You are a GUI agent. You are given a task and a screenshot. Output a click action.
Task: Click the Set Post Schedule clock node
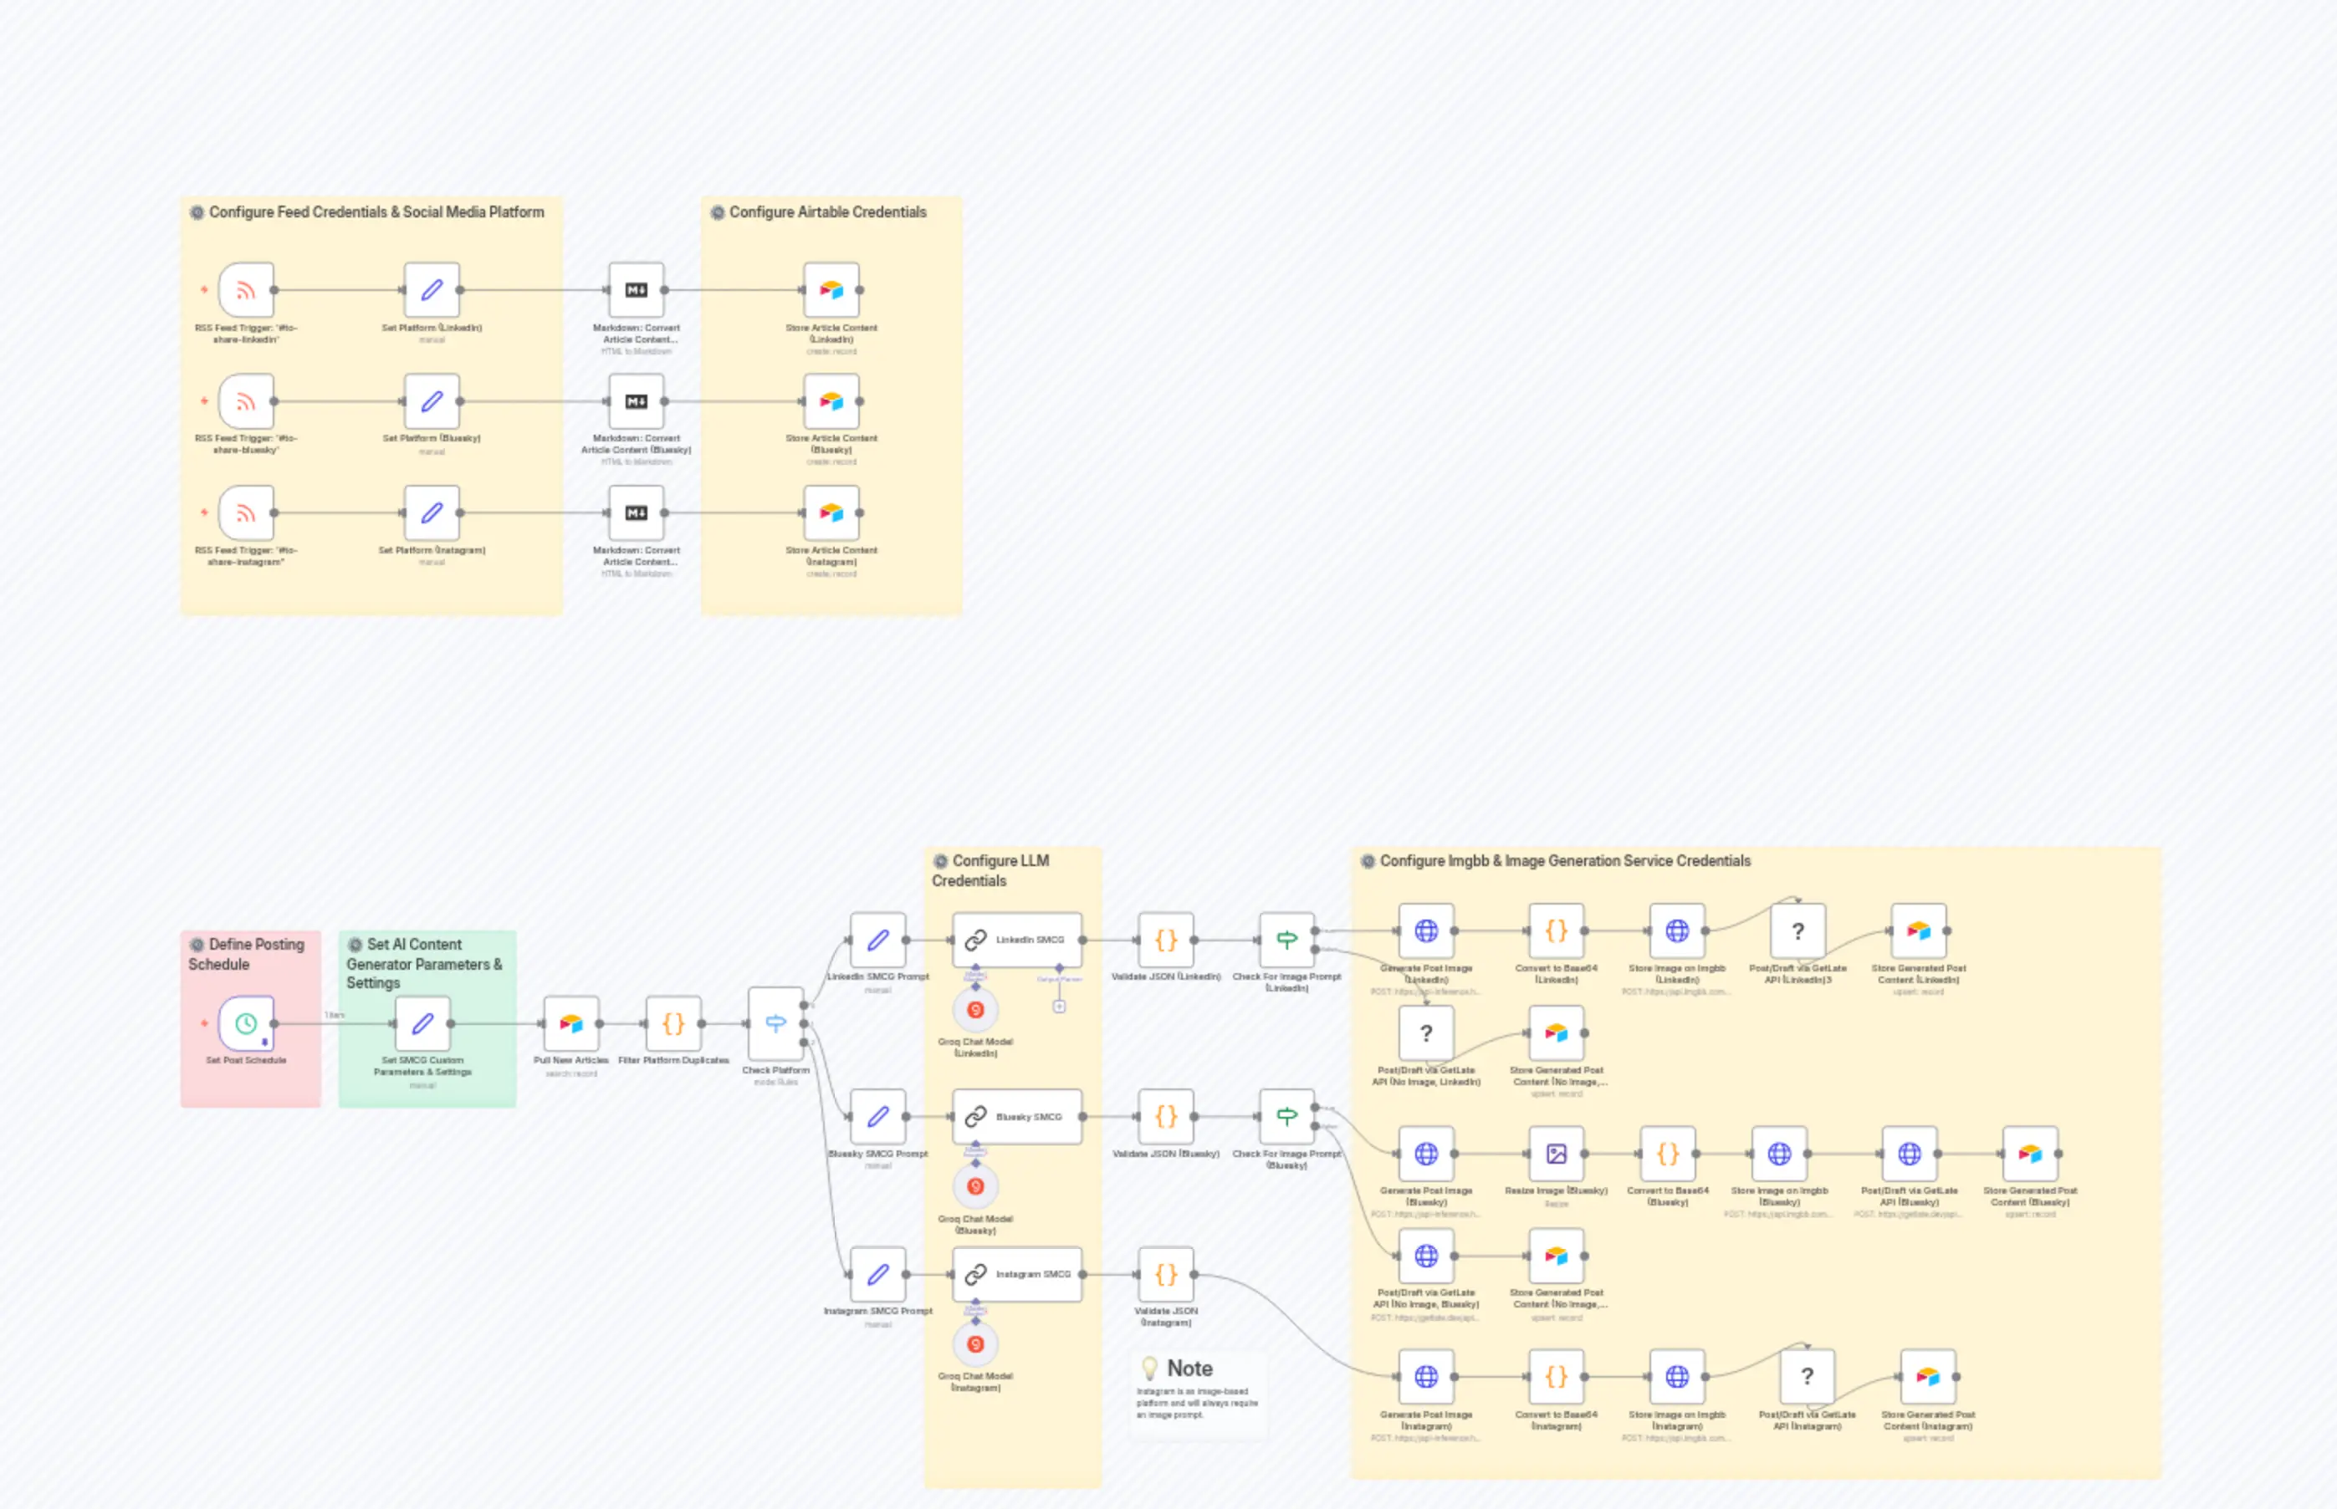246,1023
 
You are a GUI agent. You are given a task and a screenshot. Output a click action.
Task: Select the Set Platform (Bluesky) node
432,402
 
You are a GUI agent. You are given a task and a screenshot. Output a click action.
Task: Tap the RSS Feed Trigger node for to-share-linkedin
246,290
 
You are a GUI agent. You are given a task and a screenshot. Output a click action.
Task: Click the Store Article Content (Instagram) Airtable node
831,512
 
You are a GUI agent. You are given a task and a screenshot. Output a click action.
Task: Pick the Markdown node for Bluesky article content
637,402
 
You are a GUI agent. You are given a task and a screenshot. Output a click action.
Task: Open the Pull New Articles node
570,1023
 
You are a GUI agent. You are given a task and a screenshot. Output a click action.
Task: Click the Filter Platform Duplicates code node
673,1023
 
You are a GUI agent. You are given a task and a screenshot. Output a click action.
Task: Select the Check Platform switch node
775,1023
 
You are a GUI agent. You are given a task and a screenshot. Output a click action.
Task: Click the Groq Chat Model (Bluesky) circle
975,1186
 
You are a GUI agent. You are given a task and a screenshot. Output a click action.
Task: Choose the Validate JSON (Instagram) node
1165,1274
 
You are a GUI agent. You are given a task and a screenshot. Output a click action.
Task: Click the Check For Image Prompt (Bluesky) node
1286,1116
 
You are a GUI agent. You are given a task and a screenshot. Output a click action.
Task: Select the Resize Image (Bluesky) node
1556,1154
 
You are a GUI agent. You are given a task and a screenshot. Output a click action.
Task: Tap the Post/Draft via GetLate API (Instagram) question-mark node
1807,1377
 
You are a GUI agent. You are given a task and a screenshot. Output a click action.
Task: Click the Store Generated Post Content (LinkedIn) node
1919,930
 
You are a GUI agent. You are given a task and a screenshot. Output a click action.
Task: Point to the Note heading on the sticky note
1189,1368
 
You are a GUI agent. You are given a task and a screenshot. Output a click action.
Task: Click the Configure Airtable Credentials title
827,212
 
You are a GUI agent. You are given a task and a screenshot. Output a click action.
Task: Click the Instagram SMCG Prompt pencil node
878,1274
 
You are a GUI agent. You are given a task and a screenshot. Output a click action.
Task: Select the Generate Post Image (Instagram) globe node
1426,1377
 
